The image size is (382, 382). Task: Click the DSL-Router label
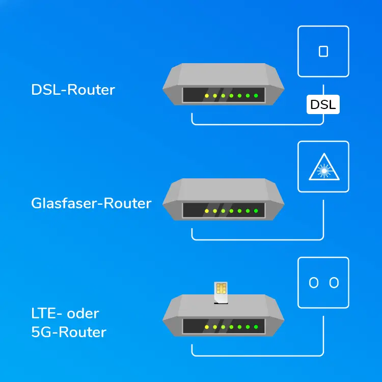click(x=73, y=90)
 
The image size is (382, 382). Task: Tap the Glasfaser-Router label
click(x=91, y=203)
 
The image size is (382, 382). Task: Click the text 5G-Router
click(x=69, y=333)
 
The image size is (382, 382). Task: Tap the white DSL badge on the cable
click(x=323, y=105)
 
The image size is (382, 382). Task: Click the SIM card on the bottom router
click(x=221, y=293)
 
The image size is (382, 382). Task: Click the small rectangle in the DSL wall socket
click(x=323, y=51)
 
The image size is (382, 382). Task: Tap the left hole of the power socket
click(x=314, y=283)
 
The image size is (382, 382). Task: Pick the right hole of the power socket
click(x=334, y=283)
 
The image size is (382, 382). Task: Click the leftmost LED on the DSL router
click(x=206, y=96)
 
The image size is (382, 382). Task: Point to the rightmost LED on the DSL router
click(x=256, y=96)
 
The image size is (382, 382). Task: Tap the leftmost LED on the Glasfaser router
click(x=206, y=210)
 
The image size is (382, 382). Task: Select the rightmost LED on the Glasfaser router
click(x=256, y=210)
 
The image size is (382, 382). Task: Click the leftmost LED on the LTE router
click(x=206, y=326)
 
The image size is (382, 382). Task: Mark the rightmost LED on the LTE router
click(x=256, y=326)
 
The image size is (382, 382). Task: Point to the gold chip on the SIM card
click(x=221, y=289)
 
